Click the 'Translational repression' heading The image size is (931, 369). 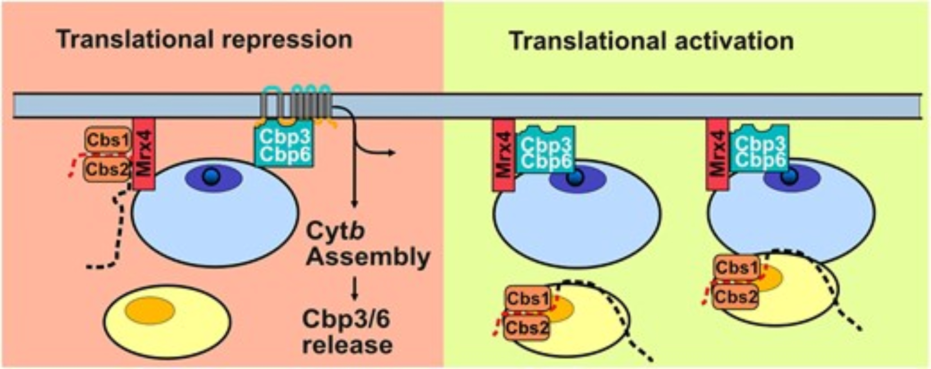point(204,40)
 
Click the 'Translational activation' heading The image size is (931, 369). point(652,41)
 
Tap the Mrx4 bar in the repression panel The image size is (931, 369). point(144,154)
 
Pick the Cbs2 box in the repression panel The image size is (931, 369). point(107,169)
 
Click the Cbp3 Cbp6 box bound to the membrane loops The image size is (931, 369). point(284,145)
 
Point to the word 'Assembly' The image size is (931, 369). point(368,257)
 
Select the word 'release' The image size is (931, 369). point(347,345)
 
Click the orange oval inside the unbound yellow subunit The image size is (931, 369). point(150,310)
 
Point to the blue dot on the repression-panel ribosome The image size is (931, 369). point(212,177)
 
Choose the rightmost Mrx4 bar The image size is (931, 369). point(717,154)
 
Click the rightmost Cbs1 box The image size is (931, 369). point(736,267)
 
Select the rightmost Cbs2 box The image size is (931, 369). point(735,296)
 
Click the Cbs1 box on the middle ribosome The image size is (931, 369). point(528,298)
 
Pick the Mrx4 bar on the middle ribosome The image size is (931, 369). point(504,154)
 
